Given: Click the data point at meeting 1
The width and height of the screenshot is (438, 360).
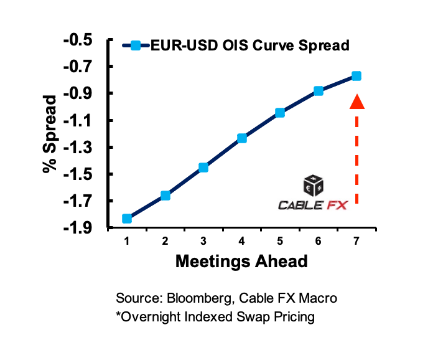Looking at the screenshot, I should tap(127, 218).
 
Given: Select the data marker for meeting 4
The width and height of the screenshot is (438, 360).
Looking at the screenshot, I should tap(241, 138).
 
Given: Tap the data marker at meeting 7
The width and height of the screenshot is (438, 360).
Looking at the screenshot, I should tap(356, 76).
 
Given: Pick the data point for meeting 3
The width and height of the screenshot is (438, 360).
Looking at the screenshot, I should tap(203, 168).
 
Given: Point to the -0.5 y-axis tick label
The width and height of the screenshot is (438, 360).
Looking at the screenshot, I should tap(78, 40).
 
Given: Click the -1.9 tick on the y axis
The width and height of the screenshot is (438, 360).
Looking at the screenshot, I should tap(78, 228).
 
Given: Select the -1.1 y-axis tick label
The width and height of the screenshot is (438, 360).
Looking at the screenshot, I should tap(78, 120).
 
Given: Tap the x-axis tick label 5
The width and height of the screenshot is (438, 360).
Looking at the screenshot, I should tap(280, 241).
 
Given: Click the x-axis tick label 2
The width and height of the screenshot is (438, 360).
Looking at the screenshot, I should tap(165, 241).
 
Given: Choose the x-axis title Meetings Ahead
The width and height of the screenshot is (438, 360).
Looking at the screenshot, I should tap(241, 261).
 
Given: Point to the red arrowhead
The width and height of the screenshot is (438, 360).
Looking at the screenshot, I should tap(357, 101).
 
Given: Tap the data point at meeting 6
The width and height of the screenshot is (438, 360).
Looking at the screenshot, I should tap(319, 91).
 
